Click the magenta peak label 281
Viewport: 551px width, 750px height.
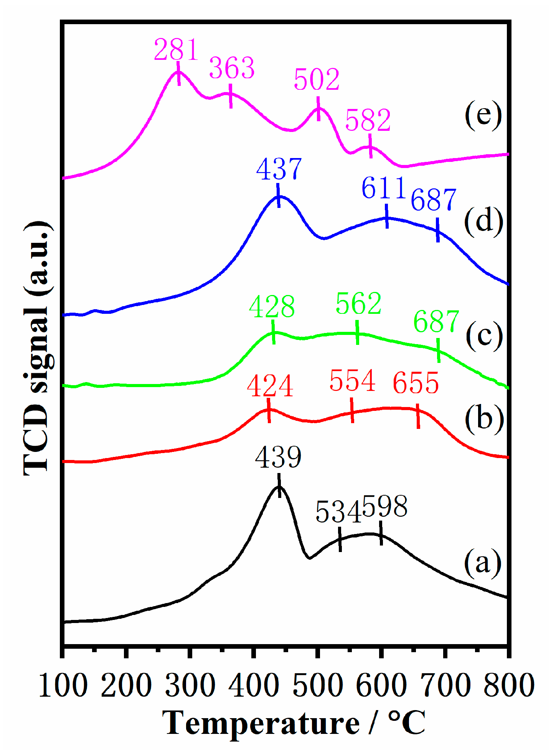coord(176,50)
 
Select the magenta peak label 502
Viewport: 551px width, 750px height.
coord(317,80)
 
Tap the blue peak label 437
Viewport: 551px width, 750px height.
coord(279,169)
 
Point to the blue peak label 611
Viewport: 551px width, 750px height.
coord(384,188)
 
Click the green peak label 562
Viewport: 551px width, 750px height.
coord(358,303)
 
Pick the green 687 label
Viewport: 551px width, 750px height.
coord(436,321)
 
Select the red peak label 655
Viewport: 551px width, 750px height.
coord(416,383)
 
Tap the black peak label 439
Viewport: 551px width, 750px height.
coord(278,457)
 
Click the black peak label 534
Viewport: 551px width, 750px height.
coord(338,512)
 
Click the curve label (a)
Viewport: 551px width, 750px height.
coord(483,562)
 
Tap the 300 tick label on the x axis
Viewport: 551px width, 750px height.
coord(190,686)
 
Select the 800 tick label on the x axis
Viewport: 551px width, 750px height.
coord(509,686)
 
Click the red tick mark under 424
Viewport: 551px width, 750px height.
coord(269,410)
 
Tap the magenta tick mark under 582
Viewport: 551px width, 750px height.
coord(370,146)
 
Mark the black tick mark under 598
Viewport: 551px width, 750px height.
coord(381,533)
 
